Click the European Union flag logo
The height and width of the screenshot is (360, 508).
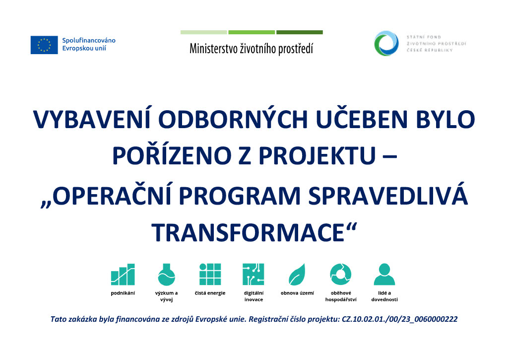(x=44, y=45)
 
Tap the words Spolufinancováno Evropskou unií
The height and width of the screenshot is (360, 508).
(x=89, y=44)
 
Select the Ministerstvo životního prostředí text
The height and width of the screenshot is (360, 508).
(x=252, y=49)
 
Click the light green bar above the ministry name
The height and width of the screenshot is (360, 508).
(x=204, y=32)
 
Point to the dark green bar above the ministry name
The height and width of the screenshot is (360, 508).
(x=299, y=32)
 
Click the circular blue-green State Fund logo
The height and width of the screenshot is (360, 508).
(x=386, y=44)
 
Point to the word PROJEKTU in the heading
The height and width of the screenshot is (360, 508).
(x=317, y=156)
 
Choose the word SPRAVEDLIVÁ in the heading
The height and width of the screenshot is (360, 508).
(x=388, y=196)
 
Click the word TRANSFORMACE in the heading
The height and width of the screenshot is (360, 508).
(x=248, y=232)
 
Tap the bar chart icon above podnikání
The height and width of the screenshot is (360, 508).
(x=123, y=275)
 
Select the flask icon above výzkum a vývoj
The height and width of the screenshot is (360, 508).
(x=167, y=275)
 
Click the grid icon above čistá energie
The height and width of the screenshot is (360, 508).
(x=210, y=275)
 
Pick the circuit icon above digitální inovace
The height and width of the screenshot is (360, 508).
(x=254, y=275)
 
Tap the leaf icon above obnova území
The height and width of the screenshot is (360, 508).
(x=297, y=275)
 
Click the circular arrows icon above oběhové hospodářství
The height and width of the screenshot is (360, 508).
(x=340, y=275)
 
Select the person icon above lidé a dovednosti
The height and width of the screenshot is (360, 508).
(x=384, y=275)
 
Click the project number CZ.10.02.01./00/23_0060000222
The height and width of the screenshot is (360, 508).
(x=399, y=319)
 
